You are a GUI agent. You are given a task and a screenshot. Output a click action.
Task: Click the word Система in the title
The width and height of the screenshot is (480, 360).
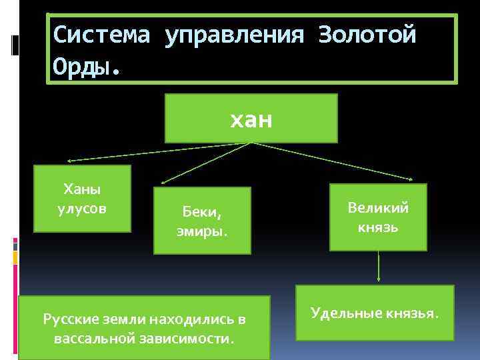[101, 35]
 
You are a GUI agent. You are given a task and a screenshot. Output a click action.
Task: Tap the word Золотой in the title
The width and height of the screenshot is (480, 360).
[367, 35]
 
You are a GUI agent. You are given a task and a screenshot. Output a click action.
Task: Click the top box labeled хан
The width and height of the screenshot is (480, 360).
[251, 119]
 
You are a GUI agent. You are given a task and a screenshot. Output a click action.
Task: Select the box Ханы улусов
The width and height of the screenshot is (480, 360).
[83, 199]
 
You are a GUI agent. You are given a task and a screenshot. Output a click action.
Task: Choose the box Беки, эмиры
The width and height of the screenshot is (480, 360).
[202, 221]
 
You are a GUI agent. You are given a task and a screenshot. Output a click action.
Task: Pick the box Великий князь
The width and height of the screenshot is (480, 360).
[378, 217]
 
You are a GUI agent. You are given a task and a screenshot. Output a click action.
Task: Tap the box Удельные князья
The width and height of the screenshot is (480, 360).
[375, 312]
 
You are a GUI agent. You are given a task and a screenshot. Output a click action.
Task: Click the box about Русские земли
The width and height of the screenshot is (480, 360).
[144, 328]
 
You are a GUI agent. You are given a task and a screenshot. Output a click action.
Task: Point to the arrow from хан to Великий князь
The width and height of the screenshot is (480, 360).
[333, 161]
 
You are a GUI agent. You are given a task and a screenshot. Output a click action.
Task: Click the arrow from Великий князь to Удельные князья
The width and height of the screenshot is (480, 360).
[379, 267]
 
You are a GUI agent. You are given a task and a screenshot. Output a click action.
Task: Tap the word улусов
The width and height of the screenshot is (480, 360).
[83, 207]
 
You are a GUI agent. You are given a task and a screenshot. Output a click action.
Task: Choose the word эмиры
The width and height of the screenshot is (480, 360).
[202, 230]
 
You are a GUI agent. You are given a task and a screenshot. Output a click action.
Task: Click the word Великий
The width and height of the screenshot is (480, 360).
[378, 207]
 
